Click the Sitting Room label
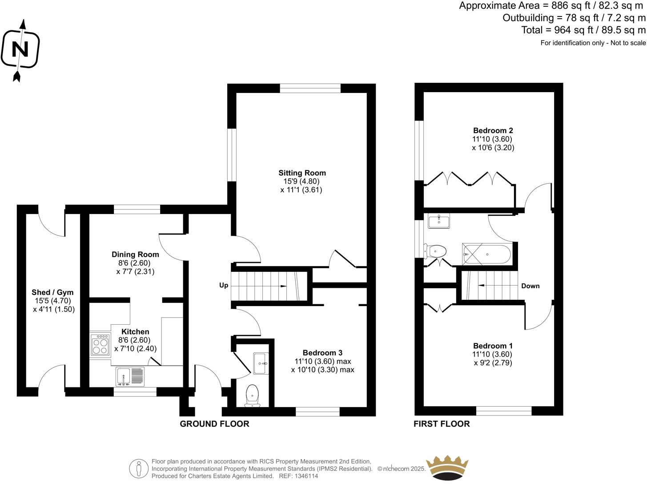click(302, 173)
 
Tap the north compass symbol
click(20, 49)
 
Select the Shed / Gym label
click(52, 292)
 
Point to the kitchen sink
click(130, 376)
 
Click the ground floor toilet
click(252, 395)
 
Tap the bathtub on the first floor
click(487, 254)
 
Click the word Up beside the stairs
click(224, 285)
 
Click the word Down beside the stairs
click(530, 286)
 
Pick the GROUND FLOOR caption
click(214, 424)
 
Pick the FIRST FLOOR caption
click(442, 424)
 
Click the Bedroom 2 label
click(493, 130)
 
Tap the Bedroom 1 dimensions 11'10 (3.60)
click(492, 355)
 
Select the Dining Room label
click(135, 254)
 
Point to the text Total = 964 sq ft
click(562, 30)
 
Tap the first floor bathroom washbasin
click(439, 221)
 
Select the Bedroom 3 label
click(322, 352)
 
